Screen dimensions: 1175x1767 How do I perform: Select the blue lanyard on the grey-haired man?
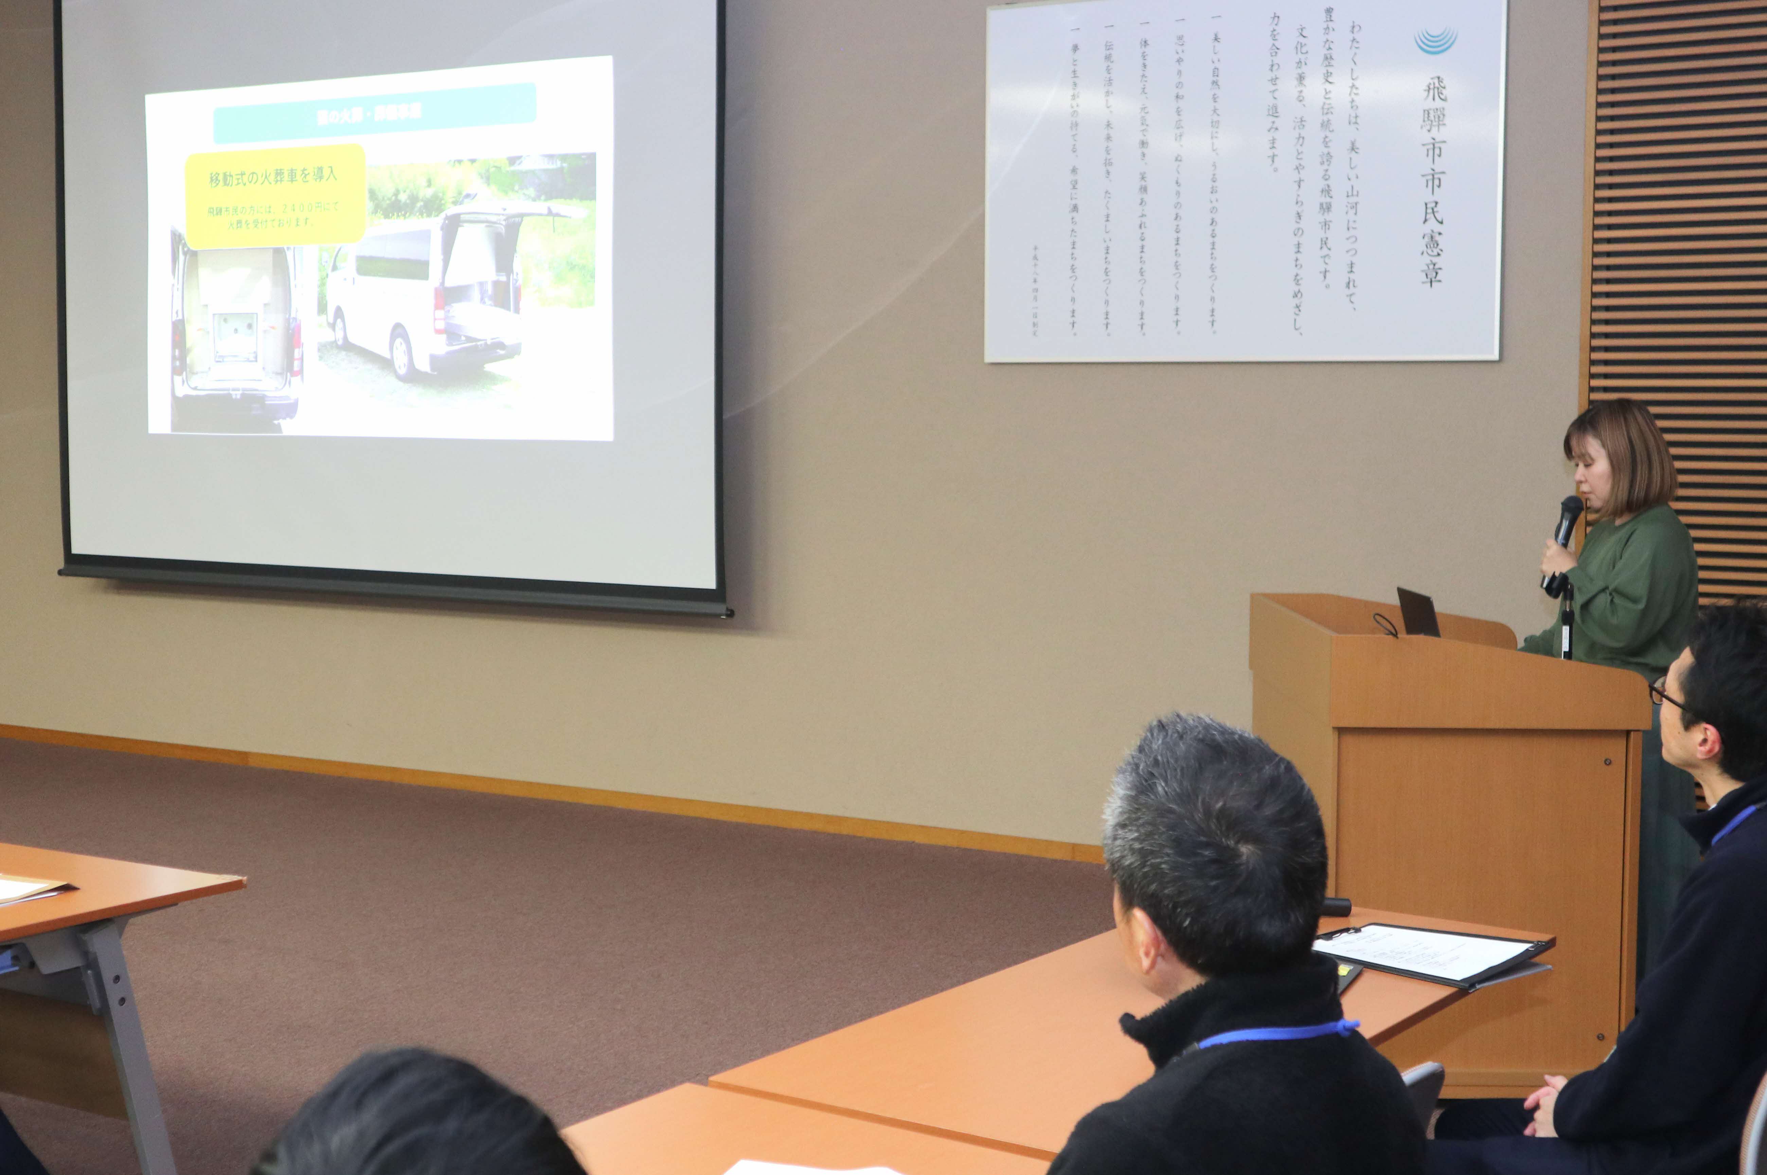pyautogui.click(x=1278, y=1034)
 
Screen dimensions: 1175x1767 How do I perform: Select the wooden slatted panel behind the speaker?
pyautogui.click(x=1679, y=225)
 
